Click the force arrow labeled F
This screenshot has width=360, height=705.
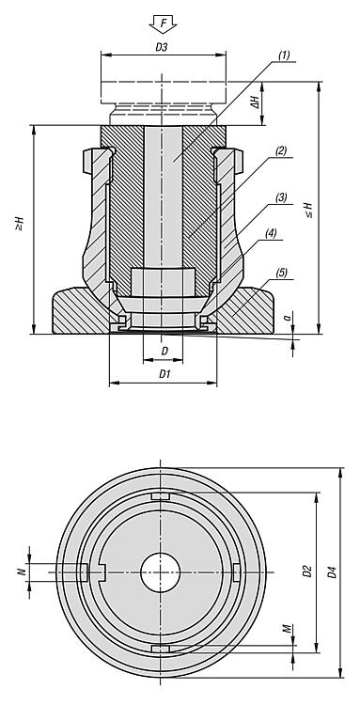(164, 23)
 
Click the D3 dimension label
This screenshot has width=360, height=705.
(162, 48)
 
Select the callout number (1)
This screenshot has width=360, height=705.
(284, 55)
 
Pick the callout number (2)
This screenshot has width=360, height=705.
(281, 151)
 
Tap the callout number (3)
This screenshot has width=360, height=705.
(282, 197)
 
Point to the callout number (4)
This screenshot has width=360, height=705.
(271, 233)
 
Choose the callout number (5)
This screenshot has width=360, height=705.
(282, 273)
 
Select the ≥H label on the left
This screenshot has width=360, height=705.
(20, 224)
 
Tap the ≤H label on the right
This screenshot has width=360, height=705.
(308, 210)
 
